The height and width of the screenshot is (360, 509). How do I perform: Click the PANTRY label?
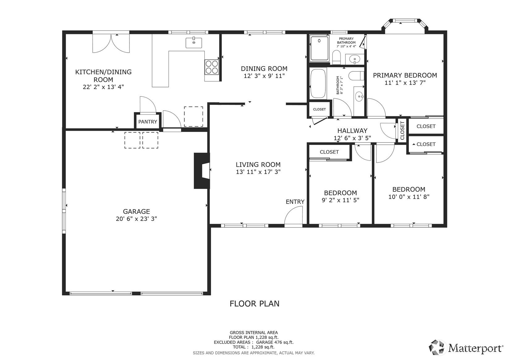tap(148, 122)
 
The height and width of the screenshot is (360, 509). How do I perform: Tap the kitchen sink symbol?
tap(193, 43)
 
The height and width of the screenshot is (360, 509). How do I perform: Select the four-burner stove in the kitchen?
tap(212, 67)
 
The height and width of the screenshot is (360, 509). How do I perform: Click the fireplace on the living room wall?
tap(201, 171)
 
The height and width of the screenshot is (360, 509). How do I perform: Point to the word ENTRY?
tap(295, 202)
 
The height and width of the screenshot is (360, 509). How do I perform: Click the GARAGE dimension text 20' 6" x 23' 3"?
tap(136, 219)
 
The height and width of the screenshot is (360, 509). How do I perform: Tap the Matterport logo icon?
tap(437, 348)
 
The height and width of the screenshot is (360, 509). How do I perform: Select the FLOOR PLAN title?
tap(255, 304)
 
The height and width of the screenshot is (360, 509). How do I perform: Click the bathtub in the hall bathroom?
tap(318, 84)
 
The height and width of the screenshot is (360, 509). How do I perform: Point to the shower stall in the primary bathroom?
tap(319, 48)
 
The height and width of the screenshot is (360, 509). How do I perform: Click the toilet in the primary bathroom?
tap(336, 57)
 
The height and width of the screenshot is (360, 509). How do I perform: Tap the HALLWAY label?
tap(352, 131)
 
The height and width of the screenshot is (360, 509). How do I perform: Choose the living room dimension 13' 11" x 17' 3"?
tap(258, 172)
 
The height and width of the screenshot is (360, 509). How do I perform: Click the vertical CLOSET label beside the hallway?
tap(402, 131)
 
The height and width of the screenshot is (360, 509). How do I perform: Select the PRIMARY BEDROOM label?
tap(405, 75)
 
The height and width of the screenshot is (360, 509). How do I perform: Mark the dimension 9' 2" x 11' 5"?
tap(340, 200)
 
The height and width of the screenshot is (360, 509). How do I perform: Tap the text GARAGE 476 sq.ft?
tap(275, 342)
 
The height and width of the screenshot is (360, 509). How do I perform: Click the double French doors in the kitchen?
tap(111, 43)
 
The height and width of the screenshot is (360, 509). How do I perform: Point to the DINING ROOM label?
tap(264, 68)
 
